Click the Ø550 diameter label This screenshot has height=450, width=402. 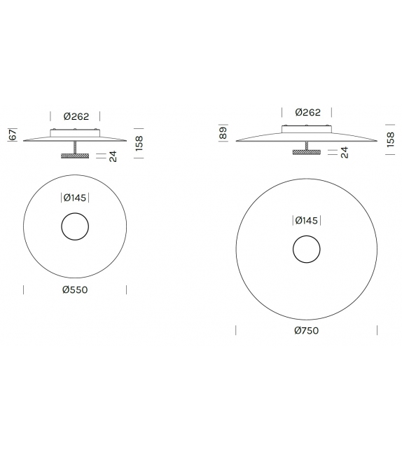tap(75, 289)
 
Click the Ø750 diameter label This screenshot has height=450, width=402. tap(307, 330)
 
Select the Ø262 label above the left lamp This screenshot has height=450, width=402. tap(75, 116)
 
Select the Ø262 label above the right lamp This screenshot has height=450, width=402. tap(307, 112)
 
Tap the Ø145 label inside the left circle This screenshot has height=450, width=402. tap(75, 198)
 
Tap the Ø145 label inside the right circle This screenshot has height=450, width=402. tap(307, 220)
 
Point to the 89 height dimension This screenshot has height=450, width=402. tap(223, 133)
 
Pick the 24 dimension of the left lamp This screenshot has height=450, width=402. tap(112, 156)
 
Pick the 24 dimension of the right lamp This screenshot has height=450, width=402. tap(344, 152)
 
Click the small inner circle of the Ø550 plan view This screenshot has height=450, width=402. tap(75, 227)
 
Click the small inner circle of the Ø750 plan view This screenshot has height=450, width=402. tap(307, 250)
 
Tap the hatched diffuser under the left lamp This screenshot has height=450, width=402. tap(75, 156)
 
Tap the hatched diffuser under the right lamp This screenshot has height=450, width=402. tap(307, 151)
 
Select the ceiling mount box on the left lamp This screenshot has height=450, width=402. tap(75, 132)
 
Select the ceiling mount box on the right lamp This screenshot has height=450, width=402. tap(307, 128)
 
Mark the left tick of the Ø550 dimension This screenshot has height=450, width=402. tap(24, 289)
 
